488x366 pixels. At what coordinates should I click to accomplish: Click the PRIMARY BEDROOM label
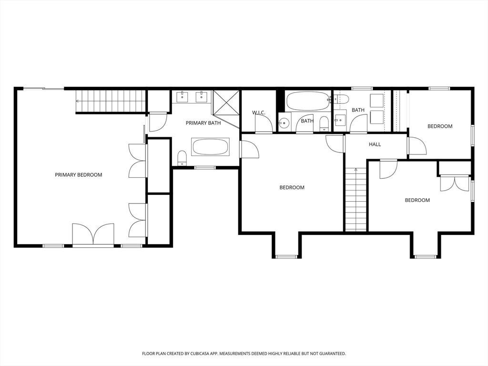(x=79, y=175)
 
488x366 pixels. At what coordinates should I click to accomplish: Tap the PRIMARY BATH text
(x=203, y=123)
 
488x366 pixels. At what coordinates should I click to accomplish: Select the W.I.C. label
(x=259, y=112)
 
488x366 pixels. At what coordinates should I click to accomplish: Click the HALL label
(x=375, y=144)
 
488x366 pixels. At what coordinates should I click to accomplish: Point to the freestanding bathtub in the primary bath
(x=210, y=147)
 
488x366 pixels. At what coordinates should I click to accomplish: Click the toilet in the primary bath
(x=182, y=158)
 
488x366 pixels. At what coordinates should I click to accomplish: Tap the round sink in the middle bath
(x=284, y=123)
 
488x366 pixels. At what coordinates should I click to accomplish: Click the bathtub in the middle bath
(x=308, y=101)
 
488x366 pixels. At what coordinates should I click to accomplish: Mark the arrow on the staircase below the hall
(x=356, y=170)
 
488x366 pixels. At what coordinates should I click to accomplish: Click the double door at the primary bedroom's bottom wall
(x=93, y=234)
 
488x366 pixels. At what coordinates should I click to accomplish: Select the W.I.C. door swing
(x=264, y=124)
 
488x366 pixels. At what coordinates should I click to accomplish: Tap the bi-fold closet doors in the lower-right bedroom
(x=454, y=183)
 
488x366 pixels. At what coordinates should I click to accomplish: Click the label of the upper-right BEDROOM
(x=440, y=126)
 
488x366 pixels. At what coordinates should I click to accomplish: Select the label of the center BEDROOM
(x=292, y=188)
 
